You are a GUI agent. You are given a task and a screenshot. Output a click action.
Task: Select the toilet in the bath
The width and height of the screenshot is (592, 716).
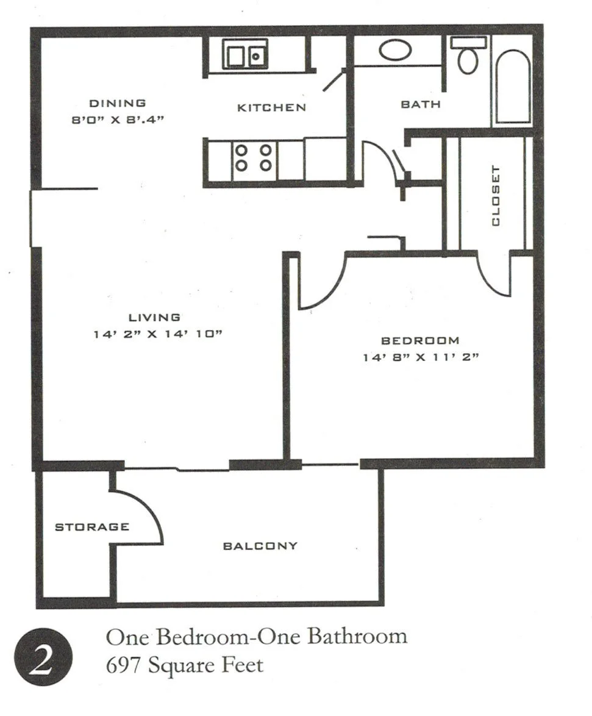pos(468,56)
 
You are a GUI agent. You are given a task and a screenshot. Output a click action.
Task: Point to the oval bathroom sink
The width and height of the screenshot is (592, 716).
pos(395,50)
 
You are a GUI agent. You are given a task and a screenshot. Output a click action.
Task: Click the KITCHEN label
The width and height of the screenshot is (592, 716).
pos(271,108)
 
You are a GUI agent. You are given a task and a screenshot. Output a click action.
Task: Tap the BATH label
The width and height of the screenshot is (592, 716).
pos(420,104)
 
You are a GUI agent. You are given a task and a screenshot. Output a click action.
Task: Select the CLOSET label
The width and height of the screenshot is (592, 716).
pos(495,195)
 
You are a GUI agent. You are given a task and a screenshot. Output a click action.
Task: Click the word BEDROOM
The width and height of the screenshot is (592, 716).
pos(419,340)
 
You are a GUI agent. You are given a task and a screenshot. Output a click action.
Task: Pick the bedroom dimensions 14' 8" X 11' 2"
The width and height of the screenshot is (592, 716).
pos(419,357)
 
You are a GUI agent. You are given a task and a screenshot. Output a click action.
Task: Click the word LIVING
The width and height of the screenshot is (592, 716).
pos(154,317)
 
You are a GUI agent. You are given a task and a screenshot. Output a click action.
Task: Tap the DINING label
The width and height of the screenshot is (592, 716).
pos(118,103)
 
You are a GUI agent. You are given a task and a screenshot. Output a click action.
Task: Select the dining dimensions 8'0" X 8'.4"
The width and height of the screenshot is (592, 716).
pos(118,120)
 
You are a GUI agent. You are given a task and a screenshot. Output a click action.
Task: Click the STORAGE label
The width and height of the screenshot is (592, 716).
pos(91,527)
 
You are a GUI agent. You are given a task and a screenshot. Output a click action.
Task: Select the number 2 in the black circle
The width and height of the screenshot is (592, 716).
pos(43,659)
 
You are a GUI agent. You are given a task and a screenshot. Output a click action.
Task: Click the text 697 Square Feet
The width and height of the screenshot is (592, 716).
pos(185,664)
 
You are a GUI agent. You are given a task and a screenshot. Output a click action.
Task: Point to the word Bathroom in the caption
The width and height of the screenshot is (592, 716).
pos(356,637)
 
